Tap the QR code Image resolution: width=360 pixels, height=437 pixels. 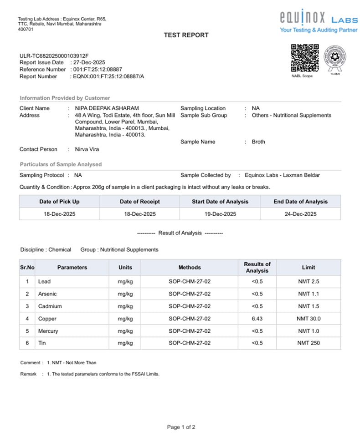tap(305, 58)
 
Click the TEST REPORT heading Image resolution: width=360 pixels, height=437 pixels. tap(186, 35)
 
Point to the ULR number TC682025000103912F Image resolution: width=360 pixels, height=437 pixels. tap(54, 56)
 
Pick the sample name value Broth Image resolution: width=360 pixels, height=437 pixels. tap(258, 142)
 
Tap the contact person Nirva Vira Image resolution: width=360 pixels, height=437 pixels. tap(87, 149)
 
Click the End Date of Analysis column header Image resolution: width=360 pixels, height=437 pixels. tap(300, 202)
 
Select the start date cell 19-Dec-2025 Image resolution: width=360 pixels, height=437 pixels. tap(220, 214)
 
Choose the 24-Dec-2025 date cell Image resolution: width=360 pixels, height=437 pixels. tap(300, 214)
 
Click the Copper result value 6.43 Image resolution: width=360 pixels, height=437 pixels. tap(257, 319)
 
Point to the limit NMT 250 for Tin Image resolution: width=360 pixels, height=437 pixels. tap(309, 343)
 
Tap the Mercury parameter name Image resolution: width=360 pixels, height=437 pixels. tap(48, 331)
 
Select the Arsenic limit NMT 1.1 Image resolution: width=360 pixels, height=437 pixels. tap(309, 294)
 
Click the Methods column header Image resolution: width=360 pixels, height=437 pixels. tap(190, 267)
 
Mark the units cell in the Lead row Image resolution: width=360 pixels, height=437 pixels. tap(125, 282)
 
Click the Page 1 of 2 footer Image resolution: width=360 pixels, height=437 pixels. tap(181, 427)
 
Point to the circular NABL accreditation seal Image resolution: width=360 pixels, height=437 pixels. tap(335, 59)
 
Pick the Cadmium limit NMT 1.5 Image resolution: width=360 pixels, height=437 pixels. tap(309, 306)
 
